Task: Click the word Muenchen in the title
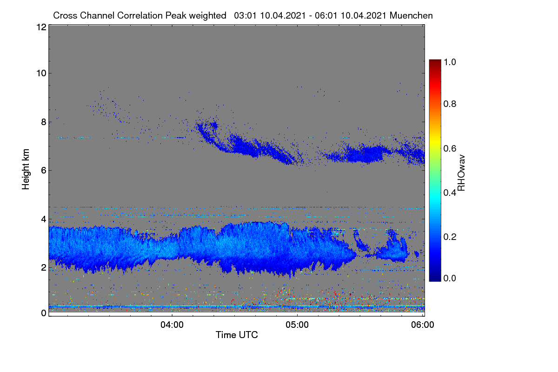411,15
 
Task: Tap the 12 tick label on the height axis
41,27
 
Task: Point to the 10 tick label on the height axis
41,73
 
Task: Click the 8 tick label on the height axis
44,122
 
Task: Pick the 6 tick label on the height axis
44,171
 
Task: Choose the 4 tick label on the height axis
44,219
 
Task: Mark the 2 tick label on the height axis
44,267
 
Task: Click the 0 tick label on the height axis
44,313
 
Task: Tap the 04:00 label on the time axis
172,325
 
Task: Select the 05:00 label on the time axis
297,325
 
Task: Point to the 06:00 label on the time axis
423,325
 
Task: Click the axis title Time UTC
237,335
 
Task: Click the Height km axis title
26,169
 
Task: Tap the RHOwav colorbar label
461,173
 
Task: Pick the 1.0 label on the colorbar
450,62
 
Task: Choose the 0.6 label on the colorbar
450,148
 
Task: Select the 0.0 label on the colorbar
450,278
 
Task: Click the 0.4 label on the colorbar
450,193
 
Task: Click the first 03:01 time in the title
245,15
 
